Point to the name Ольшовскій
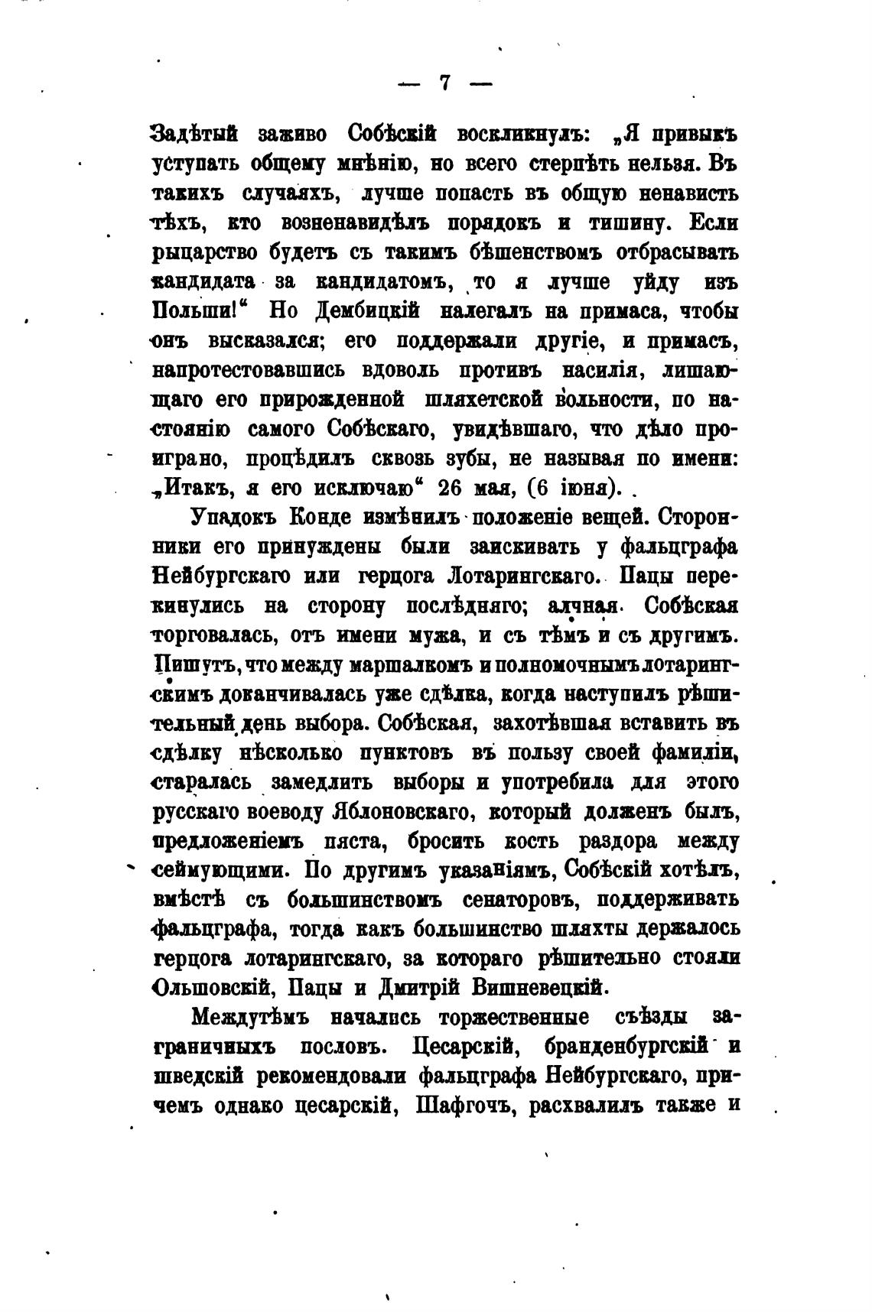click(218, 988)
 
